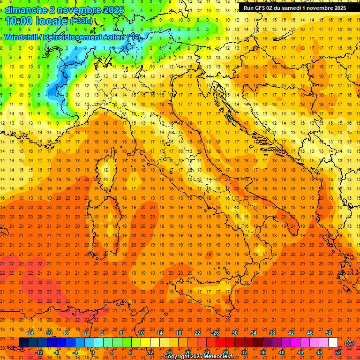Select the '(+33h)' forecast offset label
click(x=81, y=21)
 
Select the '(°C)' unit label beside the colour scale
click(x=349, y=343)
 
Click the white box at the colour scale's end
click(x=333, y=342)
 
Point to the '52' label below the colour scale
click(x=338, y=352)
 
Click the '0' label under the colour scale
click(x=93, y=352)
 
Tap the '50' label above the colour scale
click(x=328, y=333)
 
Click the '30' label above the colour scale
click(x=234, y=333)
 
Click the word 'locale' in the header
click(x=51, y=21)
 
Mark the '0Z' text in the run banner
click(x=270, y=8)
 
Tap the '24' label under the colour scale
click(x=207, y=352)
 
